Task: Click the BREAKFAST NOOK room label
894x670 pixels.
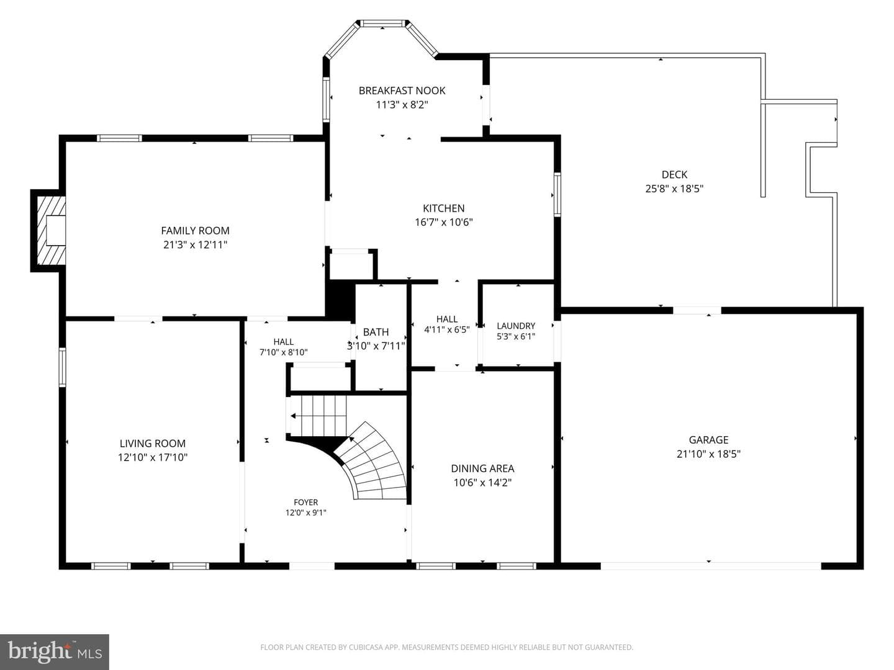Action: tap(402, 91)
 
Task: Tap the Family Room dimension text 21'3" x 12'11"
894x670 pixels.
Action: tap(195, 244)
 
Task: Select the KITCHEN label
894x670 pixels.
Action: tap(443, 208)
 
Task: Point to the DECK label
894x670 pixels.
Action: tap(674, 174)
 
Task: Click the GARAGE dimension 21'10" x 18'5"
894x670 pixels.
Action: tap(708, 453)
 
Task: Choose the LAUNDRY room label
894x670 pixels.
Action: tap(516, 326)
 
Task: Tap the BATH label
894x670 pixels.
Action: tap(376, 332)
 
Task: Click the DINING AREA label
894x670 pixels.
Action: tap(482, 468)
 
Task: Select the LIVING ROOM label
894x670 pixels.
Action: tap(153, 443)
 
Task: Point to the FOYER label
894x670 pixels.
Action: tap(306, 502)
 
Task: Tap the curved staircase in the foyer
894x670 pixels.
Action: tap(376, 461)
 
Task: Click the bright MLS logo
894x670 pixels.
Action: tap(55, 651)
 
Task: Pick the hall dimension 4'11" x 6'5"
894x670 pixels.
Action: tap(447, 329)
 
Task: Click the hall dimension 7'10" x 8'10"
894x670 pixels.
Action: tap(284, 352)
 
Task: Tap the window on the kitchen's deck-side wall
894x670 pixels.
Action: tap(557, 194)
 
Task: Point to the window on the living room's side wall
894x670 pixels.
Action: tap(62, 367)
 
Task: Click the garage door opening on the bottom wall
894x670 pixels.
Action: tap(710, 566)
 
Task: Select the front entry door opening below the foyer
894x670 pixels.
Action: tap(312, 566)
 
